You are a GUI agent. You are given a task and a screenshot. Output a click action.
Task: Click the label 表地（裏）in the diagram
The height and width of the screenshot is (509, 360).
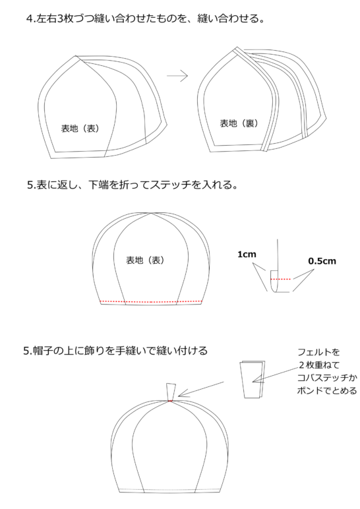[237, 123]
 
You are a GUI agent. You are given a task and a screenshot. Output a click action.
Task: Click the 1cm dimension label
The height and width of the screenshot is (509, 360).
[247, 253]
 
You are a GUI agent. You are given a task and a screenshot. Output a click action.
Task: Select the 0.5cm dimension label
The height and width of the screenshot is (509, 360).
[322, 261]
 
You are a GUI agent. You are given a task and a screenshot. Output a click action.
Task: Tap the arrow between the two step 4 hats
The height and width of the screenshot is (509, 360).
[177, 76]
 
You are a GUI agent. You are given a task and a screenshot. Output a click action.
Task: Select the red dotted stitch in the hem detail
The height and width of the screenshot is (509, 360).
[281, 279]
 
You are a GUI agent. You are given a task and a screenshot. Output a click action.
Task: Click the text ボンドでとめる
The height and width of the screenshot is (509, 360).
[327, 391]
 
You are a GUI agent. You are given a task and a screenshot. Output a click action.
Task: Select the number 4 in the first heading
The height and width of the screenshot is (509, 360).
[30, 19]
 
